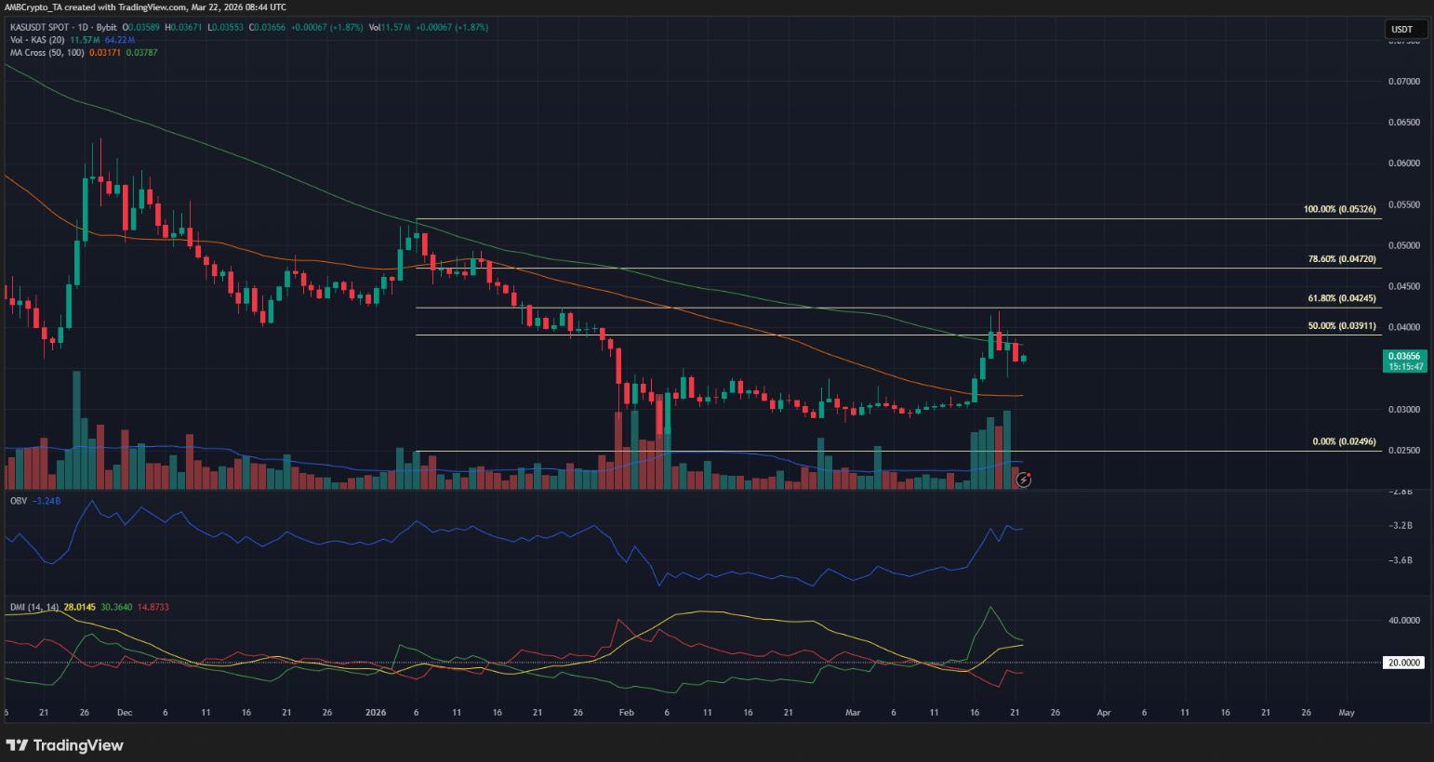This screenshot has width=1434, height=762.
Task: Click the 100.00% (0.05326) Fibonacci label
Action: [x=1340, y=210]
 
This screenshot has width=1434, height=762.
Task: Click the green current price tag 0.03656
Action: [x=1403, y=356]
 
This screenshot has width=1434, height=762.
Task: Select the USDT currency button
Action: [x=1401, y=30]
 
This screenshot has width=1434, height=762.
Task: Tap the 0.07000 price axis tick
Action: [x=1403, y=82]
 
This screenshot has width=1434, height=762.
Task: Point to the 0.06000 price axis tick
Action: [x=1403, y=164]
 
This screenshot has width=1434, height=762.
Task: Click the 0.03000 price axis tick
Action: [x=1403, y=410]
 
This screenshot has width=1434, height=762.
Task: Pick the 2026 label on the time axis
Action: [x=375, y=713]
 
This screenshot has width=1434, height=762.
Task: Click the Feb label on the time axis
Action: [x=626, y=713]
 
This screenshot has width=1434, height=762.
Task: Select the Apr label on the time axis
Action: [x=1103, y=713]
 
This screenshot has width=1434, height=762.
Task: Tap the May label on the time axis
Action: [x=1346, y=713]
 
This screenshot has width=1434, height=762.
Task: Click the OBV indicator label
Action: [x=18, y=501]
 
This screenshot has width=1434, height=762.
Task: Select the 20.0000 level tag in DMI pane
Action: [x=1403, y=663]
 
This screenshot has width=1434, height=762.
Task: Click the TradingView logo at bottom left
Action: [x=65, y=745]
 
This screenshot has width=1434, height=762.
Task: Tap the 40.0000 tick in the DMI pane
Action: [x=1403, y=621]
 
